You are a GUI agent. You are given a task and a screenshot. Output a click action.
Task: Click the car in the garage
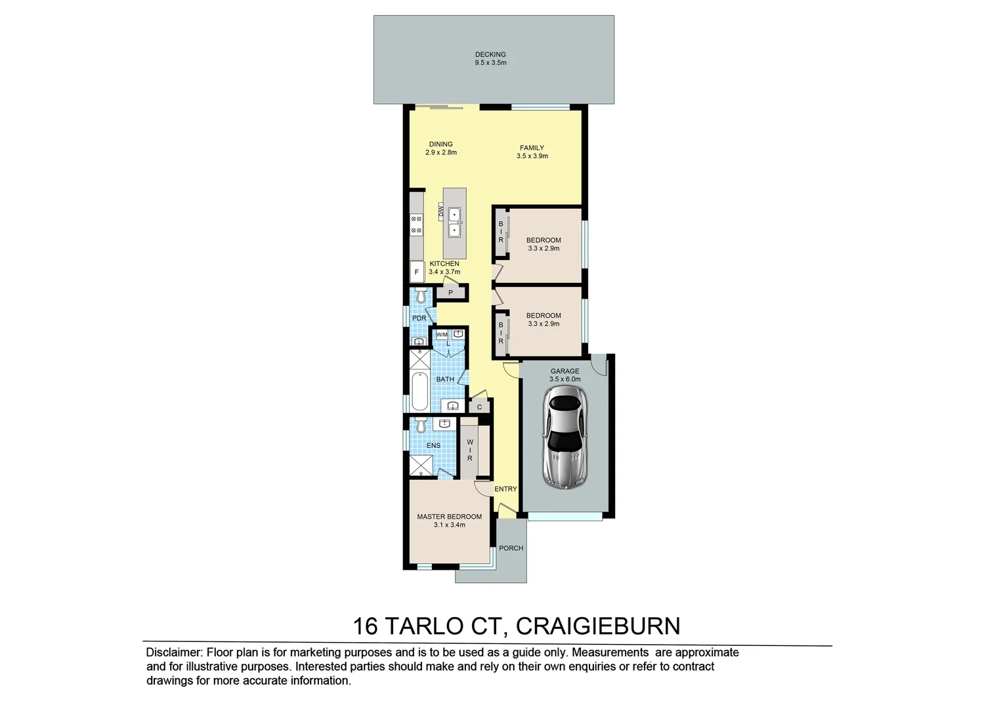tap(565, 437)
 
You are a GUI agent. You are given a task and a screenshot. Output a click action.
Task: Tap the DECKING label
tap(490, 54)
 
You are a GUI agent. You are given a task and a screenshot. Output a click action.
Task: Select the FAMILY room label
tap(532, 148)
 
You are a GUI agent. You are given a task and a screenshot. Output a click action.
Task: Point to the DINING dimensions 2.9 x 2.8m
tap(440, 152)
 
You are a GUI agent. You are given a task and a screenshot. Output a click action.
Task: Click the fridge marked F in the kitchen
tap(416, 271)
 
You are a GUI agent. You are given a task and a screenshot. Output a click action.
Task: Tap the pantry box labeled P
tap(451, 293)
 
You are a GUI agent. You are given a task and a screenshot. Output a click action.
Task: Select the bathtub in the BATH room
tap(419, 391)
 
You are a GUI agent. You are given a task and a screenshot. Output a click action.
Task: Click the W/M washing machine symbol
tap(442, 335)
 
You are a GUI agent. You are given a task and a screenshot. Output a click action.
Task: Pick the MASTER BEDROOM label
tap(449, 517)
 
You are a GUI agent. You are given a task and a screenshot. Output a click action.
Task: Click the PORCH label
tap(511, 548)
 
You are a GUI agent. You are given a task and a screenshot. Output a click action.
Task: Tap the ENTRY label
tap(505, 489)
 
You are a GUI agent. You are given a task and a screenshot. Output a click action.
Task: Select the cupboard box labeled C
tap(479, 407)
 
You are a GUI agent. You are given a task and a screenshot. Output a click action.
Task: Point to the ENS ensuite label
tap(433, 446)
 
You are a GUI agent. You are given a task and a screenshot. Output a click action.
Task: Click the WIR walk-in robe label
tap(470, 450)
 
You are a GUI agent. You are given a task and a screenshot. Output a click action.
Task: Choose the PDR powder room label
tap(419, 318)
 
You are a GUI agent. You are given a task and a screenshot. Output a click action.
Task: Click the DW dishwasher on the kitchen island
tap(442, 211)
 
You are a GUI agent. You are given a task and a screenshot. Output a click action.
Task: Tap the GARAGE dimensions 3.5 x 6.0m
tap(565, 379)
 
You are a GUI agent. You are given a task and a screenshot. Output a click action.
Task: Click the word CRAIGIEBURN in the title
tap(598, 626)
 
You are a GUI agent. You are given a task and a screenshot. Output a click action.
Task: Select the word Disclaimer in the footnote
tap(174, 653)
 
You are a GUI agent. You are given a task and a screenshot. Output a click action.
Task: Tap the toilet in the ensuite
tap(421, 425)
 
